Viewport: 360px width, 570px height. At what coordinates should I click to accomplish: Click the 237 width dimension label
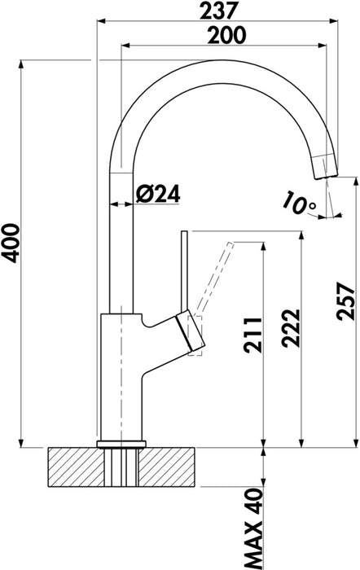coord(218,10)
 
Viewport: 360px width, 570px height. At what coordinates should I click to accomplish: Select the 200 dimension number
coord(226,35)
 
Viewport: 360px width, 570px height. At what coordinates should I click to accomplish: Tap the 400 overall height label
coord(11,243)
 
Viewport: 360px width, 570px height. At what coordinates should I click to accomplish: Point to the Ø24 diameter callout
coord(158,194)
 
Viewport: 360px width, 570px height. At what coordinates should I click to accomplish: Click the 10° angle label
coord(299,203)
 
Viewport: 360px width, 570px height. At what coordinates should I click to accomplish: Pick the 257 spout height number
coord(345,301)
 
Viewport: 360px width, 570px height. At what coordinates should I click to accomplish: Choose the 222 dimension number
coord(292,328)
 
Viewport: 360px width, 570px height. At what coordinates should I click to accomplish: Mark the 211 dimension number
coord(252,335)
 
